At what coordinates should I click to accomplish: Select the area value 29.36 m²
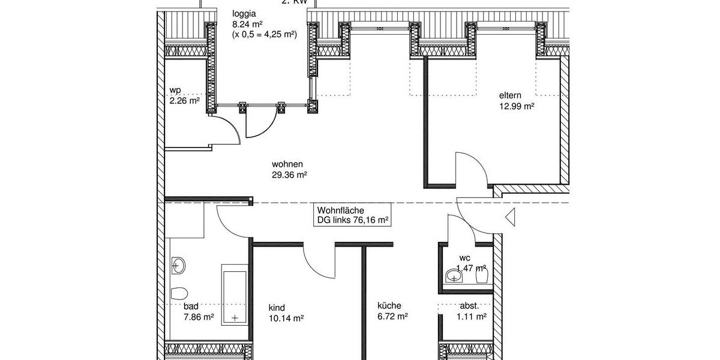289,175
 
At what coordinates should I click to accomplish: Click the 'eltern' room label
511,95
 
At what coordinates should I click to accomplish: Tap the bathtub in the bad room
235,294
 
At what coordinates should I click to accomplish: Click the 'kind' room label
277,308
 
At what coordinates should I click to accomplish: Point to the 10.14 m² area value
286,319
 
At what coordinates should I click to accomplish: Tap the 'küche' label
389,305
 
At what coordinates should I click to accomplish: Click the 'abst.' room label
469,305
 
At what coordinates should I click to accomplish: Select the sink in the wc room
454,275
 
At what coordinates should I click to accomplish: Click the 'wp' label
175,91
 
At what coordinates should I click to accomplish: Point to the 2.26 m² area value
184,101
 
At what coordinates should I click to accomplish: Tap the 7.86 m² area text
199,316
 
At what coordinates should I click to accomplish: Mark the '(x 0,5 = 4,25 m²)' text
264,35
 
